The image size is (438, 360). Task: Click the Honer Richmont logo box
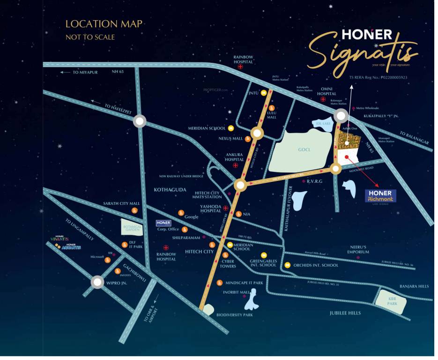click(x=380, y=196)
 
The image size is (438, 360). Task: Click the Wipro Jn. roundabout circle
click(x=97, y=282)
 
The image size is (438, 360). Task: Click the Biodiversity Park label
click(x=234, y=315)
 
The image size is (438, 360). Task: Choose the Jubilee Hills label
click(x=346, y=313)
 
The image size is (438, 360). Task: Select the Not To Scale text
click(x=90, y=37)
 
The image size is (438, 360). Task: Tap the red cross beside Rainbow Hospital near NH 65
click(x=241, y=67)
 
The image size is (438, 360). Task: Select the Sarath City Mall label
click(x=122, y=203)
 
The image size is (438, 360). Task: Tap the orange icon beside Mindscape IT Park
click(x=219, y=283)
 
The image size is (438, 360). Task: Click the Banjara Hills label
click(x=414, y=286)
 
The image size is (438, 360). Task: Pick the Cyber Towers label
click(x=228, y=264)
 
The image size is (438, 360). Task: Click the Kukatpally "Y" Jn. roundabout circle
click(x=340, y=117)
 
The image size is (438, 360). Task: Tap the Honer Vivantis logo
click(x=59, y=238)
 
